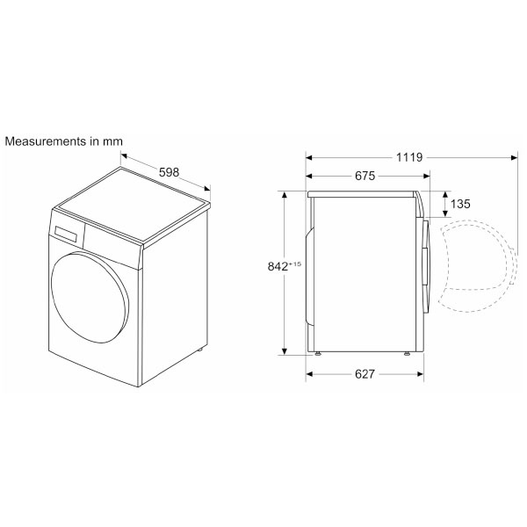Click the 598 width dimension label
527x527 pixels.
[169, 172]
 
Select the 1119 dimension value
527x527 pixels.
[409, 157]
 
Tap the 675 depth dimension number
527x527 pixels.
[365, 176]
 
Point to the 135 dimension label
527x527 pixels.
[460, 204]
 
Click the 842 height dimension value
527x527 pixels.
[278, 266]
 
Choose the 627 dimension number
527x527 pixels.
[365, 374]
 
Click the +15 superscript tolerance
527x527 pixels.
[295, 263]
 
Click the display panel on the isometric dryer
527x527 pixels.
[66, 234]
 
